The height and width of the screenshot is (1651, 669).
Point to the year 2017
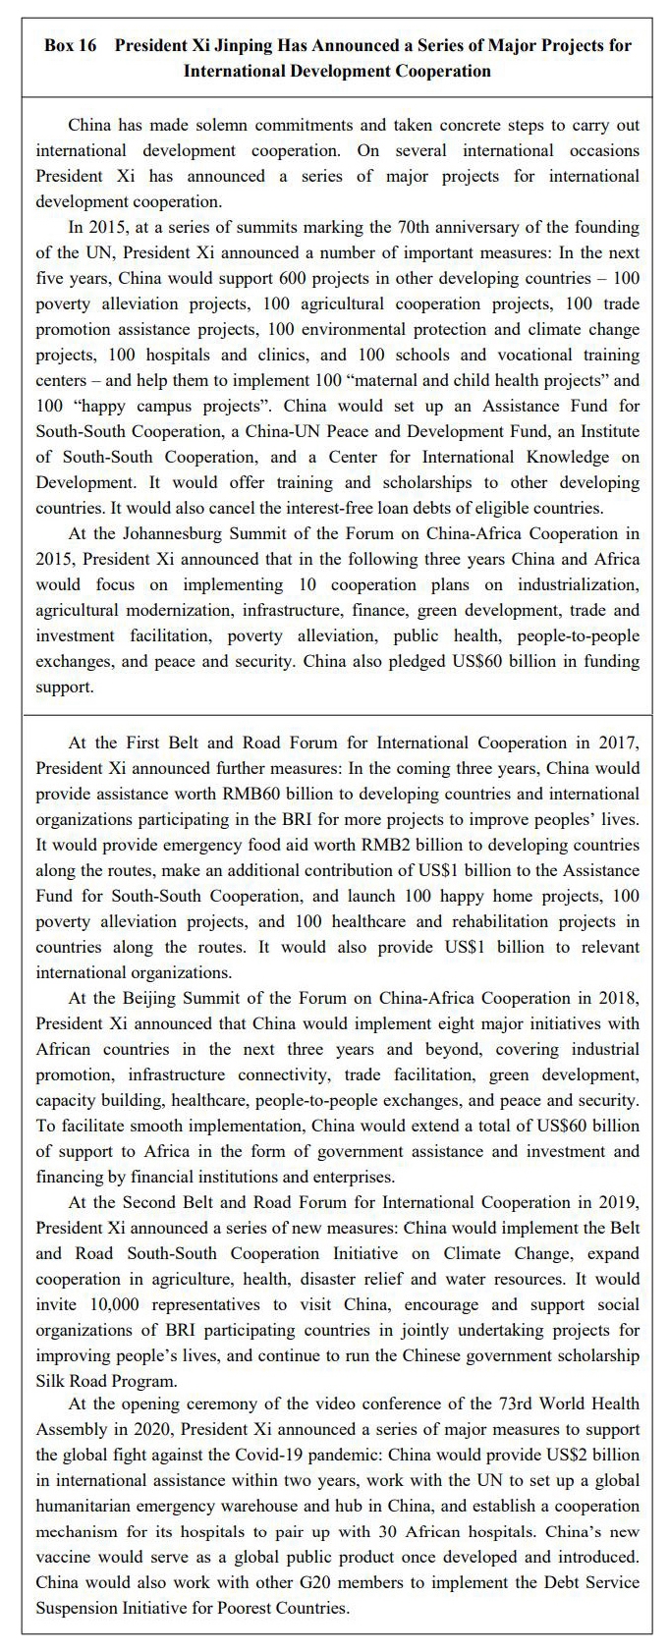click(x=619, y=743)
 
